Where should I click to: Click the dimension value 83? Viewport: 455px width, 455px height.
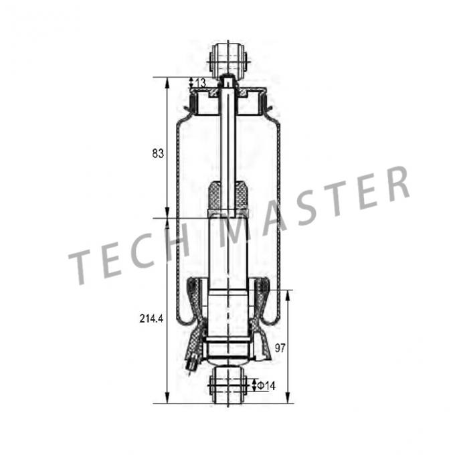tap(159, 154)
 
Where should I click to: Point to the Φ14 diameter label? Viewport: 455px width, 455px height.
tap(266, 385)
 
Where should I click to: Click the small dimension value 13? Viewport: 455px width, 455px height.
tap(201, 82)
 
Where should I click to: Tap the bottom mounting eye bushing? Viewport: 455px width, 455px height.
tap(228, 385)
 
